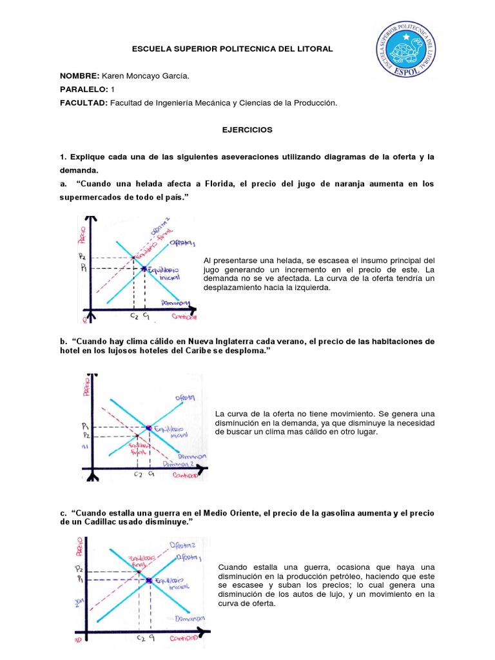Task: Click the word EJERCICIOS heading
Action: tap(247, 130)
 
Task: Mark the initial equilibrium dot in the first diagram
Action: tap(144, 268)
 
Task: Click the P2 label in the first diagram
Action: tap(82, 257)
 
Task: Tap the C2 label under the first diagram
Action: tap(133, 316)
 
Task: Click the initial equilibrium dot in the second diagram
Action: tap(149, 428)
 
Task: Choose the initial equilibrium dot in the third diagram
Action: tap(149, 581)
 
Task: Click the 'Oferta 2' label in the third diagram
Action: tap(182, 545)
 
